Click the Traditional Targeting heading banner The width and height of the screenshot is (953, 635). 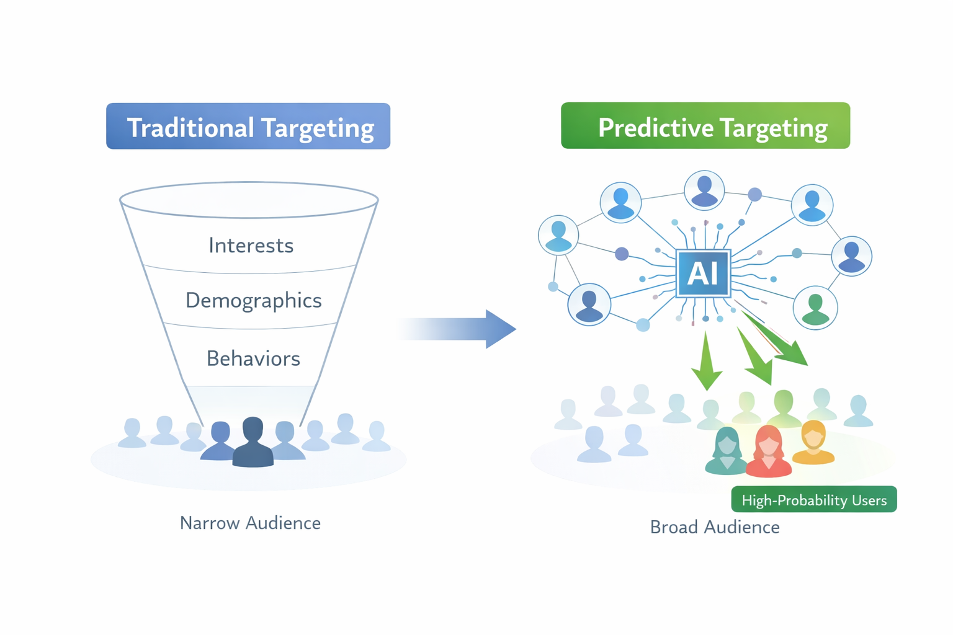click(248, 127)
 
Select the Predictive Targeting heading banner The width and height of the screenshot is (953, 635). click(705, 126)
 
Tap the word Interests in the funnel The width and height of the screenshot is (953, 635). click(251, 246)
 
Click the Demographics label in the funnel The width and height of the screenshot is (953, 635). click(253, 301)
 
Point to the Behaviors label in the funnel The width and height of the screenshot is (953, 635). click(253, 358)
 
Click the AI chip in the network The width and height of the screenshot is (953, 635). click(703, 273)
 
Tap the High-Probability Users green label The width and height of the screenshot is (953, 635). click(814, 500)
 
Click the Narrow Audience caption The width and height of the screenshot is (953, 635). click(250, 523)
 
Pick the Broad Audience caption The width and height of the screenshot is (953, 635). click(715, 527)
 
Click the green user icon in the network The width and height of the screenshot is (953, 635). click(815, 308)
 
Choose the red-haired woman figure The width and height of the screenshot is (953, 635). click(768, 451)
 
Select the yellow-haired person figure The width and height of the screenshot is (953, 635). click(813, 443)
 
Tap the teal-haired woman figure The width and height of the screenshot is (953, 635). click(727, 451)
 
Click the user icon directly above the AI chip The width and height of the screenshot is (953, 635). click(704, 190)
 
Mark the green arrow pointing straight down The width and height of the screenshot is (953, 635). click(706, 363)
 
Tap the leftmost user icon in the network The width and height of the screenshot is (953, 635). click(558, 236)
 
